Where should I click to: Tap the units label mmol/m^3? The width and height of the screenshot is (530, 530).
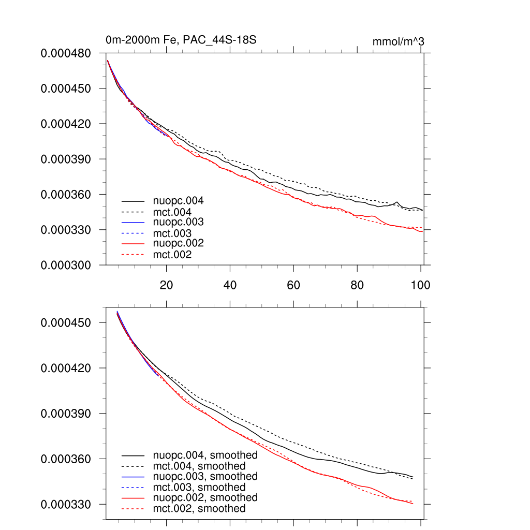point(399,41)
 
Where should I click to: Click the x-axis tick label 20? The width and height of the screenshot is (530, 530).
point(166,284)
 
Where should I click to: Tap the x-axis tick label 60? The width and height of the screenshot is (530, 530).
point(293,284)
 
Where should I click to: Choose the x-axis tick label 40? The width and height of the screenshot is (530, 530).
point(230,284)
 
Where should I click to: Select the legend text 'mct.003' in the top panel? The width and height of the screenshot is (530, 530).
point(172,233)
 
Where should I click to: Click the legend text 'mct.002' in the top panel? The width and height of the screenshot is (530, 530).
point(172,255)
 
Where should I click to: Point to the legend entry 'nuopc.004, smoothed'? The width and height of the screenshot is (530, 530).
point(205,455)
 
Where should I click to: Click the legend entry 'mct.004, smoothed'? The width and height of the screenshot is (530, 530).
point(199,466)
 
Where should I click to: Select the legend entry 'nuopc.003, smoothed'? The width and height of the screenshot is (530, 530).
point(205,476)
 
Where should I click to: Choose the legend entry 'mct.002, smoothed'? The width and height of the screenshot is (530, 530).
point(199,509)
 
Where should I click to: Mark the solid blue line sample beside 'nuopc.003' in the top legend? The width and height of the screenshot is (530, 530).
point(133,222)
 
